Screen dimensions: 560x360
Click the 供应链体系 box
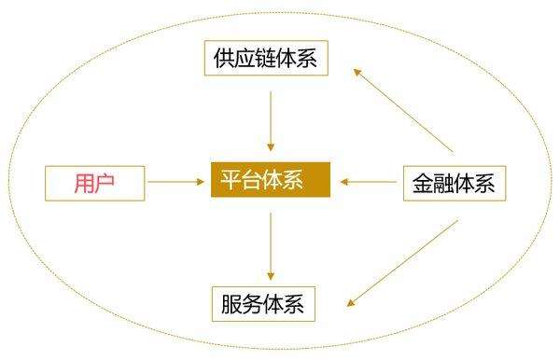coord(267,57)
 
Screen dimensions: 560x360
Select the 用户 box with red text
coord(95,182)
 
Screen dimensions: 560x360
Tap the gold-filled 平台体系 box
coord(271,180)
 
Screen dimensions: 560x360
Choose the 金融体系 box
coord(454,182)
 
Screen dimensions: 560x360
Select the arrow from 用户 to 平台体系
coord(177,181)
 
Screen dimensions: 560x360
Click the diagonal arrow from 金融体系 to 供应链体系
coord(403,108)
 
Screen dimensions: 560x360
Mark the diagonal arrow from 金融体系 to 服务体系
coord(403,262)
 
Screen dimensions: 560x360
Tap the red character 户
coord(106,182)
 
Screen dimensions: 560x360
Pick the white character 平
coord(231,180)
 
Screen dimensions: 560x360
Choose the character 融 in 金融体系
coord(443,182)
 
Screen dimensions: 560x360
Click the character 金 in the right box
coord(422,182)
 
